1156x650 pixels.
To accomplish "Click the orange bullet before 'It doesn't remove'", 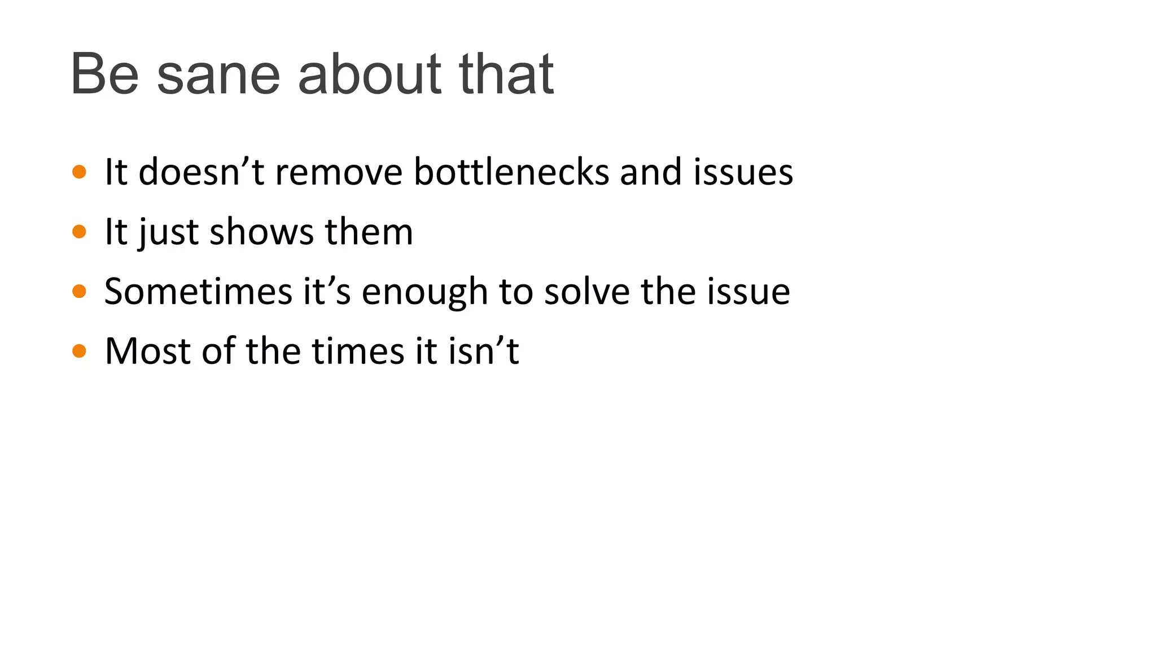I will (80, 172).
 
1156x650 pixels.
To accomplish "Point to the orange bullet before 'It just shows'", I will (80, 231).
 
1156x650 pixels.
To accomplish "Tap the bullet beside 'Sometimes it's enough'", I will (80, 291).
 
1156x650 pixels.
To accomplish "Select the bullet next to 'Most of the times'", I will (80, 351).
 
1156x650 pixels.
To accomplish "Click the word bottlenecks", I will (511, 172).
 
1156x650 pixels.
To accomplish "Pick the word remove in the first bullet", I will (339, 172).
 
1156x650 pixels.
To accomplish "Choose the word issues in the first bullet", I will (743, 172).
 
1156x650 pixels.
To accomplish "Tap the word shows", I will (261, 231).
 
